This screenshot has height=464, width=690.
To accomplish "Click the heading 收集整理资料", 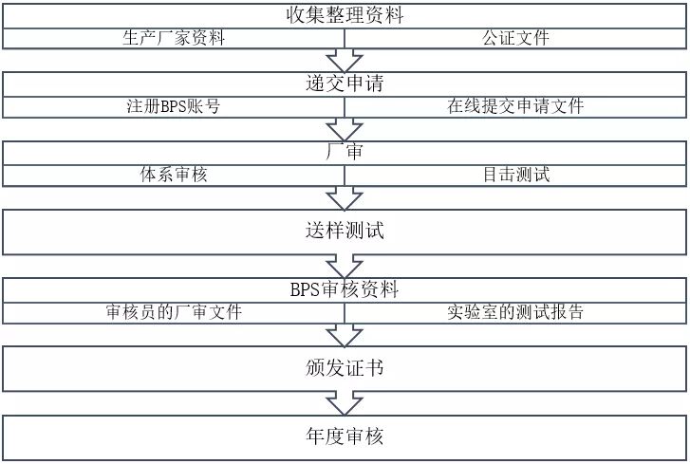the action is point(345,15).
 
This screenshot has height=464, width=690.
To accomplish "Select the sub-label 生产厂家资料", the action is point(174,38).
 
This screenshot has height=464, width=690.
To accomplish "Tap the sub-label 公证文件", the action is point(515,38).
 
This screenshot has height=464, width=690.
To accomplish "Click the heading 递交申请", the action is point(345,84).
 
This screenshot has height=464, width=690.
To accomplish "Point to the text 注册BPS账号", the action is point(174,106).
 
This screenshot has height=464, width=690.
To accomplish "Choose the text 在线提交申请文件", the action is point(515,106).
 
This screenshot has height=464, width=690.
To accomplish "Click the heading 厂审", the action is point(345,152).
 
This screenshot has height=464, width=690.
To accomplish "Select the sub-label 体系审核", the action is point(174,175).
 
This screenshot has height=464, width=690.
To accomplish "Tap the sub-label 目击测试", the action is point(515,175).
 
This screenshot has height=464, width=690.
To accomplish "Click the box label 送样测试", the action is point(345,232).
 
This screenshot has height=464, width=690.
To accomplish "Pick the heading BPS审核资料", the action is point(345,289).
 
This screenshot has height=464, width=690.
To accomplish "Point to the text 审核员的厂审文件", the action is point(174,312).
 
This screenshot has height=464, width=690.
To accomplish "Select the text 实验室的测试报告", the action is point(515,312).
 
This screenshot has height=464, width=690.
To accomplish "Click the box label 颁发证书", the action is point(345,368).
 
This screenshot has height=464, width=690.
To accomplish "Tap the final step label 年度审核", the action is point(345,436).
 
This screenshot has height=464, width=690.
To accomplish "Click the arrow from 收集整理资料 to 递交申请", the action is point(345,61).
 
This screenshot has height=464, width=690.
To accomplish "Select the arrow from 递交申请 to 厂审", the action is point(345,129).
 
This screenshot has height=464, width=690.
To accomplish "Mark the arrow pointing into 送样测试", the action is point(345,198).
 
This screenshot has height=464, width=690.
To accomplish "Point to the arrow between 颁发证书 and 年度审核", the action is point(345,403).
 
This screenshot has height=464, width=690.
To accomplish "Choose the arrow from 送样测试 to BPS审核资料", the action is point(345,266).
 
